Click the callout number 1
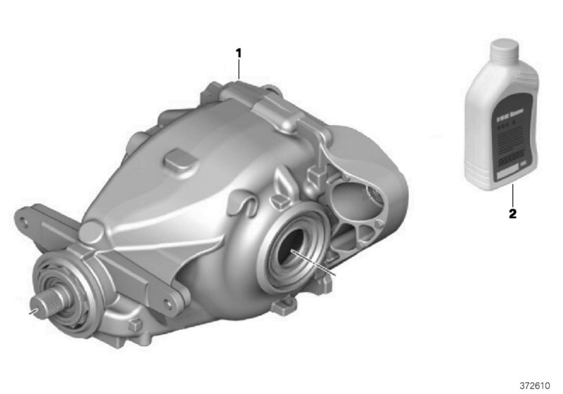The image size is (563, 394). coord(239,52)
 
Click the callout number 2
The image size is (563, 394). coord(512,213)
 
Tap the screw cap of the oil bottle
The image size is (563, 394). coord(505,50)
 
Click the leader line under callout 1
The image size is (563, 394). coord(239,70)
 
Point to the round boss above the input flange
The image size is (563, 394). coord(91,231)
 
